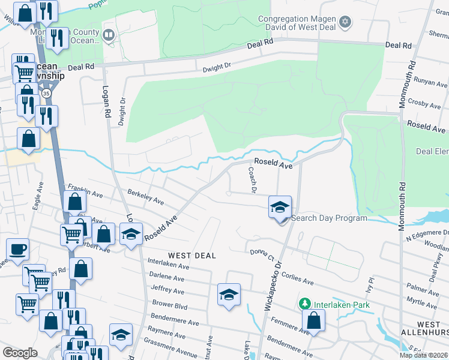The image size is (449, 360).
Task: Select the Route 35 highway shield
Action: pyautogui.click(x=46, y=94)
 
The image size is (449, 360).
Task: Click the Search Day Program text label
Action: pyautogui.click(x=329, y=218)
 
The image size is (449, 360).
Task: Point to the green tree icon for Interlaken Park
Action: pyautogui.click(x=306, y=304)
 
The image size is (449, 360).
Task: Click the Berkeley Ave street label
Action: pyautogui.click(x=146, y=197)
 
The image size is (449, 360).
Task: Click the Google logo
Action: pyautogui.click(x=20, y=353)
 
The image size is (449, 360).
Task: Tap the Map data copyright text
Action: pyautogui.click(x=423, y=355)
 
